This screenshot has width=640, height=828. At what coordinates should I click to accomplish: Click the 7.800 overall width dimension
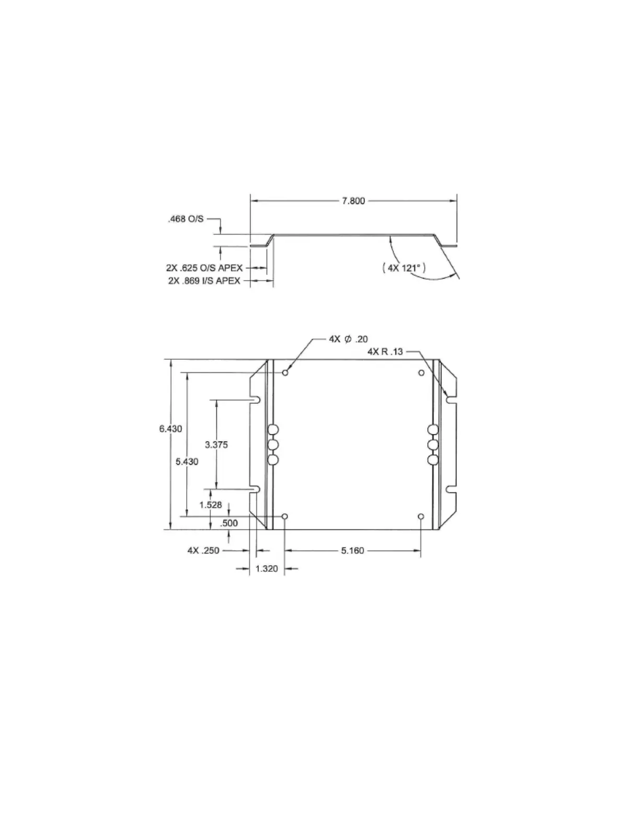pyautogui.click(x=353, y=201)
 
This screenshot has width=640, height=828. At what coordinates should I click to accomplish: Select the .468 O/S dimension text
pyautogui.click(x=186, y=219)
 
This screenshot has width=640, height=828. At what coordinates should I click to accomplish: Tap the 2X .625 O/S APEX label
pyautogui.click(x=204, y=268)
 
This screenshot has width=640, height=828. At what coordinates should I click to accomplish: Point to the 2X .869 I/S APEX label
pyautogui.click(x=204, y=281)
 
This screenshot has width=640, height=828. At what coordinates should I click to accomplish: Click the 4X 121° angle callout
pyautogui.click(x=404, y=268)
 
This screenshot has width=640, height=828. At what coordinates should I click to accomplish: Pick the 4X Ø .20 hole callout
pyautogui.click(x=348, y=339)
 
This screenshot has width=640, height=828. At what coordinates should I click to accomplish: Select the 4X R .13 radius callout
pyautogui.click(x=385, y=351)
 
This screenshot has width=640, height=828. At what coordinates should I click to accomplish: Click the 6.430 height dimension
pyautogui.click(x=170, y=429)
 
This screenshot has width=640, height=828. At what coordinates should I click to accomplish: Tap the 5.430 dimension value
pyautogui.click(x=187, y=462)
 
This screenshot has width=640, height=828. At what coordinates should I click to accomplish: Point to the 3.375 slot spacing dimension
pyautogui.click(x=216, y=444)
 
